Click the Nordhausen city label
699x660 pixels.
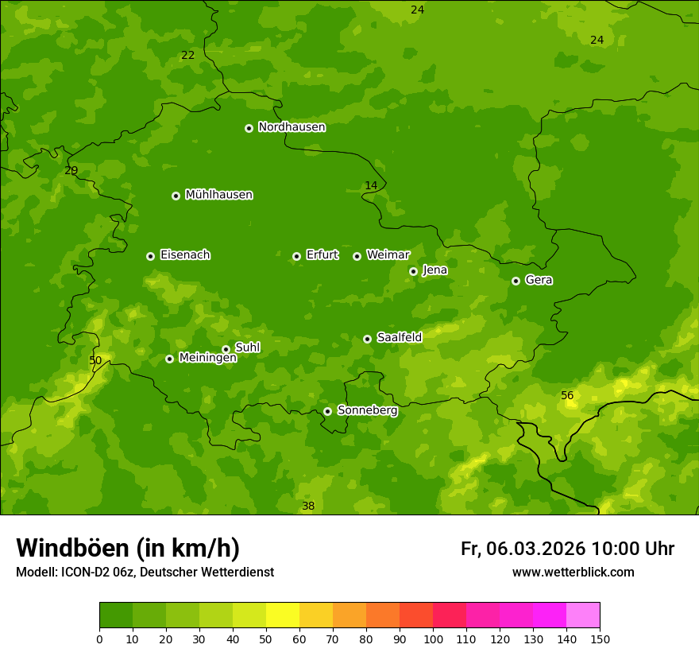tap(292, 127)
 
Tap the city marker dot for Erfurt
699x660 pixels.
tap(296, 256)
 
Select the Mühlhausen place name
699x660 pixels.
tap(218, 195)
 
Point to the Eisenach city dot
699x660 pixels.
tap(150, 256)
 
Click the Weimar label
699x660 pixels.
tap(388, 255)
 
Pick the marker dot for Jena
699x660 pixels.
tap(413, 271)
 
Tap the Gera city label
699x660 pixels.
tap(539, 280)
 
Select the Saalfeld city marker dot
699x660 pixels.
tap(367, 339)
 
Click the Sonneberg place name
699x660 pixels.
tap(367, 410)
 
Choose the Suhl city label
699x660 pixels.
tap(247, 347)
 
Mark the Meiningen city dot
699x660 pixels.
tap(169, 359)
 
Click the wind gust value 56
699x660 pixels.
tap(567, 395)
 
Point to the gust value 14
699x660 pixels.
tap(371, 186)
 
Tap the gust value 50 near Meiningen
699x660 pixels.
tap(95, 360)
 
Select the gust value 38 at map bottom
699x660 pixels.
tap(308, 506)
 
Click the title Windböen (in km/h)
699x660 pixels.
tap(128, 548)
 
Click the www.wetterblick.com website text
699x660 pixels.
tap(573, 573)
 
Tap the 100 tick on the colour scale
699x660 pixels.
tap(433, 639)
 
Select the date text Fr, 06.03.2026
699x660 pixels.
tap(523, 549)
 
